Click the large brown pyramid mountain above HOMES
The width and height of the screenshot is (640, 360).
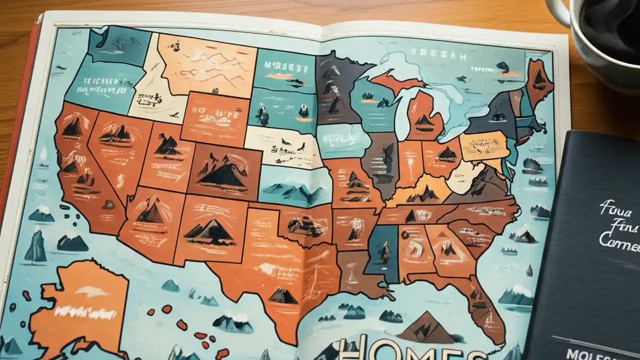(x=425, y=327)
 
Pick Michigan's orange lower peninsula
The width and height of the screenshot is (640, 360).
(x=425, y=117)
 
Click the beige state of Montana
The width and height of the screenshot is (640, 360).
(x=205, y=62)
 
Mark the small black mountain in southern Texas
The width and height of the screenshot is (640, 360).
(x=283, y=295)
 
